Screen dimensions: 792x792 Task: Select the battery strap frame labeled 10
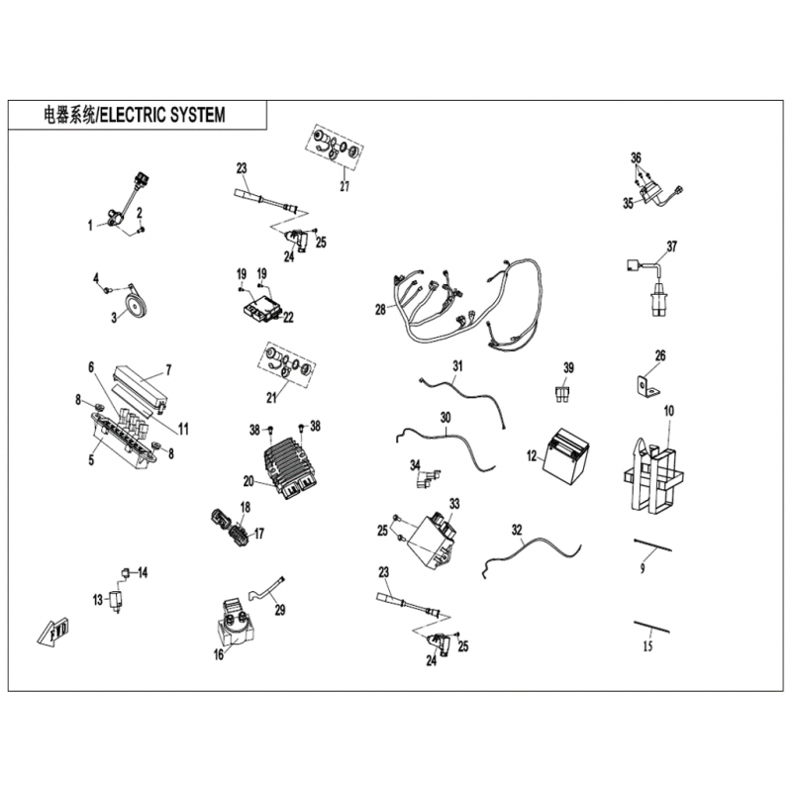(x=654, y=473)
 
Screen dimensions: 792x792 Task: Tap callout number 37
(x=672, y=247)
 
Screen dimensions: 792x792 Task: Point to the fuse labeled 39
(x=561, y=394)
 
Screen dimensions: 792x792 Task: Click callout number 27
(x=345, y=186)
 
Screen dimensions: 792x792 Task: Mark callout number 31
(x=457, y=365)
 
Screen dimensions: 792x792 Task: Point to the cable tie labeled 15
(x=652, y=628)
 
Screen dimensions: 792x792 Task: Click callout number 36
(x=637, y=157)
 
